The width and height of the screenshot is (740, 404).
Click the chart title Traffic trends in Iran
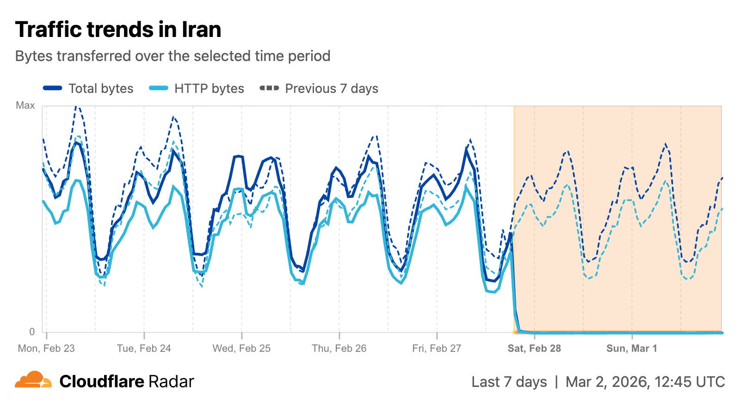point(118,30)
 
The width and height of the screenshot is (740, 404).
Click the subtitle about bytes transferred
point(173,56)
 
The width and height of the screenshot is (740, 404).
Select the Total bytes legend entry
point(101,88)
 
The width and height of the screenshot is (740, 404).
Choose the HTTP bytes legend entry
point(209,88)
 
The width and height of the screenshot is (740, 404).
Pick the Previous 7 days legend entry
point(332,88)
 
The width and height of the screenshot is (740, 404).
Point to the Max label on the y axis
point(25,105)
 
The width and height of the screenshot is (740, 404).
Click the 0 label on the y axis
point(32,331)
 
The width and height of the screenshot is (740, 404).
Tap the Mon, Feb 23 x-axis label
point(46,349)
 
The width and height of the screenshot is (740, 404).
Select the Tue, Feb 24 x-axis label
point(144,349)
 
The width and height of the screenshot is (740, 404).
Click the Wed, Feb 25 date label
point(241,349)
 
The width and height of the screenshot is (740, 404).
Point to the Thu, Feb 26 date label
point(339,349)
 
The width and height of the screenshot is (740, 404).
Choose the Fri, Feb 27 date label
point(437,349)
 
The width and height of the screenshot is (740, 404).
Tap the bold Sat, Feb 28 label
point(534,349)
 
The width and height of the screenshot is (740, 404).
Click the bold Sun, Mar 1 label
point(632,349)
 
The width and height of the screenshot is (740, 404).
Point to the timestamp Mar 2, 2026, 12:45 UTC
point(645,382)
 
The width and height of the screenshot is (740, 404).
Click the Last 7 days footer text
point(509,382)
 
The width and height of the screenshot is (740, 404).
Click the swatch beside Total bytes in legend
point(52,88)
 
